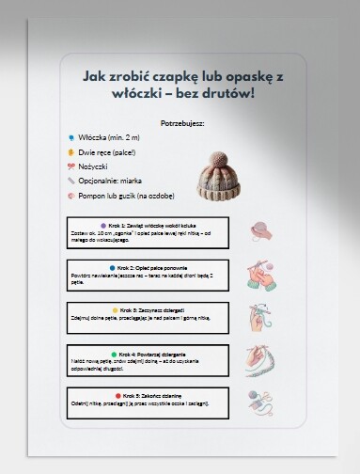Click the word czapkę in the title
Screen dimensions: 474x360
(x=163, y=74)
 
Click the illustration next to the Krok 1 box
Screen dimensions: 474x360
(x=260, y=230)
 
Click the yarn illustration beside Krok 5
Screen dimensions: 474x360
(x=261, y=403)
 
